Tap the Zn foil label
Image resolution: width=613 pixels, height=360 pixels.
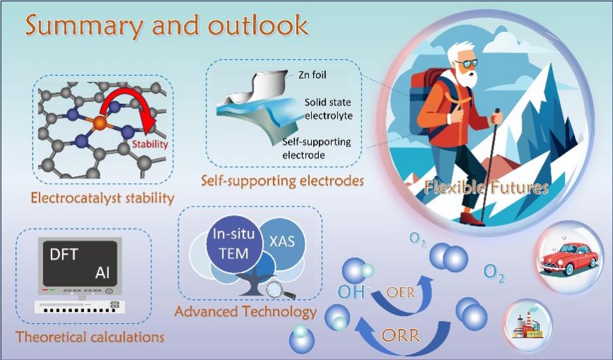tap(312, 75)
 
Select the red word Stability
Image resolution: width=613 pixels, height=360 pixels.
tap(150, 144)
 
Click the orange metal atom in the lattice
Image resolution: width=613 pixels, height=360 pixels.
tap(100, 124)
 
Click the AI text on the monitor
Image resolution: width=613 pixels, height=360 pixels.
tap(102, 272)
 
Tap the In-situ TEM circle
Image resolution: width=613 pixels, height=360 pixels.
tap(234, 243)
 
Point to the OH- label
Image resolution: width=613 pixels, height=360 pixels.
tap(354, 291)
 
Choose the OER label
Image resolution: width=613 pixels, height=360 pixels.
tap(400, 292)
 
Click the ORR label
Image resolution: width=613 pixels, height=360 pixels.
tap(400, 335)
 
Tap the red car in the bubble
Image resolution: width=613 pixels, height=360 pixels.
tap(570, 258)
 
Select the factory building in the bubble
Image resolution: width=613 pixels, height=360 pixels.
tap(527, 325)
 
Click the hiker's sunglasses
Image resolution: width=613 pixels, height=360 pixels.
tap(466, 64)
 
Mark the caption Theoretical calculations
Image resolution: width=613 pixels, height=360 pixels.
tap(90, 337)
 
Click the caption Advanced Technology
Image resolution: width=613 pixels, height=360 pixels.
tap(245, 311)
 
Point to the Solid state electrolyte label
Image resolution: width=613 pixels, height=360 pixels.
tap(329, 109)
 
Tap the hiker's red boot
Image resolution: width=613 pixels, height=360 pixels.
tap(472, 219)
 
